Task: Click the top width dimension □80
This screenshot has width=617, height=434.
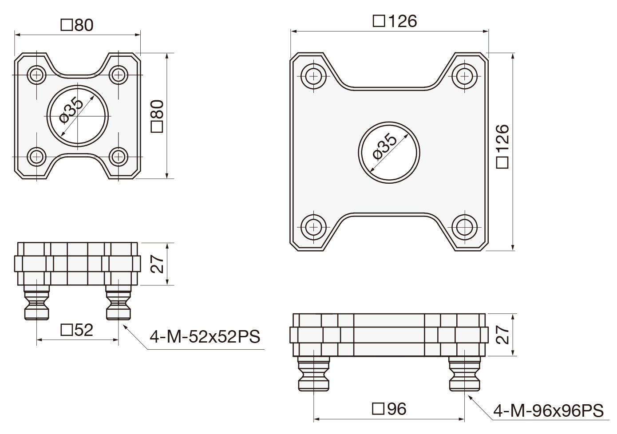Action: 77,25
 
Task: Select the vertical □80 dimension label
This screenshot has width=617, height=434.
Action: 158,116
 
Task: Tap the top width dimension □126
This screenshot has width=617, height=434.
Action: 395,21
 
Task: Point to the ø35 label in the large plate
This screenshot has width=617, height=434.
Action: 385,146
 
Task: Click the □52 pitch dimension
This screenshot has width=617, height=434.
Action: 77,330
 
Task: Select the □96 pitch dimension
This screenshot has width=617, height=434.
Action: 389,409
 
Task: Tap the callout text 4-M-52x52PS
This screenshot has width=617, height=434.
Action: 205,337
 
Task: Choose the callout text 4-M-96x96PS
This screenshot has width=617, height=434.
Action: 548,410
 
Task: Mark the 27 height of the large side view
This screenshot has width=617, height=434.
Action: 502,335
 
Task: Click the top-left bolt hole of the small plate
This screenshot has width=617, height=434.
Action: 36,75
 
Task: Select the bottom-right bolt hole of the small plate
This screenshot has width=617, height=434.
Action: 119,157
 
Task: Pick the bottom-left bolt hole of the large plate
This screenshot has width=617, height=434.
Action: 314,227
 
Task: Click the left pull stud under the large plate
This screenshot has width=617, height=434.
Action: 314,374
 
